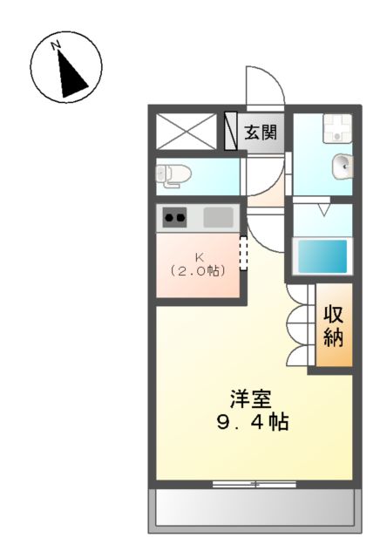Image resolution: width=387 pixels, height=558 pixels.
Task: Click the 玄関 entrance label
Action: pos(260,133)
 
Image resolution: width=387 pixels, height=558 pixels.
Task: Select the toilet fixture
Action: pos(173,174)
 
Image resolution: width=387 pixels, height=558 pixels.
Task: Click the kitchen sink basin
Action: pos(218,217)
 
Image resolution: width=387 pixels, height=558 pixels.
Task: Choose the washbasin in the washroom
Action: pos(343,163)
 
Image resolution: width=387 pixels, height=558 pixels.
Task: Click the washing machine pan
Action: pos(335,129)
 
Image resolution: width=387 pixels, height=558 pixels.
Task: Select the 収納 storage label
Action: pos(333,324)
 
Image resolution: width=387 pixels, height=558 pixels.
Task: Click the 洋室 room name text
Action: pos(250,400)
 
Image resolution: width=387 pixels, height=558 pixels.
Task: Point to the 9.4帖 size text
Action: pos(252,424)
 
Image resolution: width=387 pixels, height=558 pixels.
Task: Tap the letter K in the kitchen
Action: pos(199,256)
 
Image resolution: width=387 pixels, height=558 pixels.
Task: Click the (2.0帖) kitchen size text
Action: pos(199,270)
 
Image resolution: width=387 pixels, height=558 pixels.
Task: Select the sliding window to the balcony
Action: pos(255,482)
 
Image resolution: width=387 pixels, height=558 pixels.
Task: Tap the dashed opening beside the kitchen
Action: pos(243,255)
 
